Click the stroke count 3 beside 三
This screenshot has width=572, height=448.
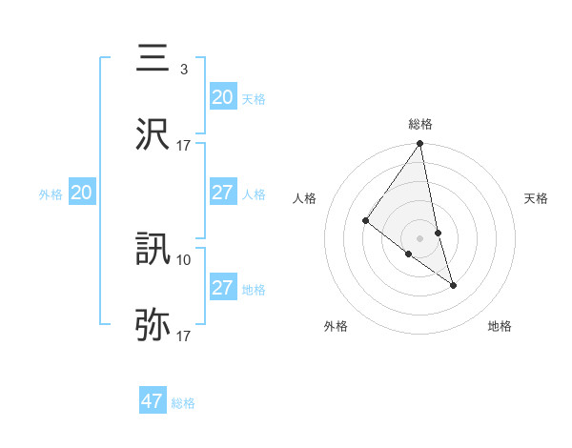183,70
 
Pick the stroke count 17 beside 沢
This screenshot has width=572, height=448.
184,146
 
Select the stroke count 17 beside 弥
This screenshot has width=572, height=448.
184,336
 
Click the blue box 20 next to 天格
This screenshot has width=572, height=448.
222,97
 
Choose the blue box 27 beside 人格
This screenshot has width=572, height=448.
222,193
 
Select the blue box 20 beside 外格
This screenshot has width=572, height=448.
81,193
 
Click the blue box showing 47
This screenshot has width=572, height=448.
152,401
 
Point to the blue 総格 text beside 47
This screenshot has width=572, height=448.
183,403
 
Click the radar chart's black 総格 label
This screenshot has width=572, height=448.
420,124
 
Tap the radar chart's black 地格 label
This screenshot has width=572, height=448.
500,327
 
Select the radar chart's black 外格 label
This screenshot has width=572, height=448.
336,327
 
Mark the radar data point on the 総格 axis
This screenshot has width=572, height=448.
420,144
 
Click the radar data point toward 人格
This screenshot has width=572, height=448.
365,220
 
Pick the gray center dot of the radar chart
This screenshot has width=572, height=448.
420,237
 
